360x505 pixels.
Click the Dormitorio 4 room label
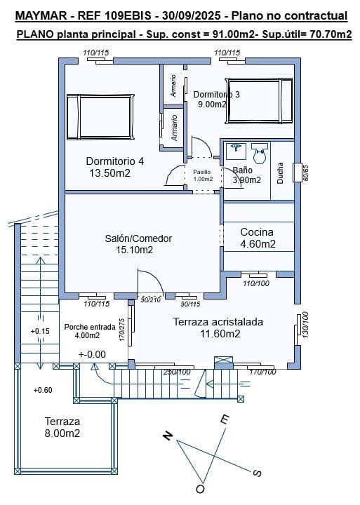point(114,161)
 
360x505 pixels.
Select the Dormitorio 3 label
point(216,94)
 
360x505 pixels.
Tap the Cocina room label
point(257,231)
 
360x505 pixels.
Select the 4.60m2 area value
point(257,244)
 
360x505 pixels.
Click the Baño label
point(242,170)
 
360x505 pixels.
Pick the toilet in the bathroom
point(260,153)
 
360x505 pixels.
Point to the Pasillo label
point(202,171)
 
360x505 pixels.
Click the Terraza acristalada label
point(218,322)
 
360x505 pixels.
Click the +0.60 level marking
point(42,390)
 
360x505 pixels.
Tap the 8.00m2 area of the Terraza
point(62,434)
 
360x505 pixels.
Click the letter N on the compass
point(168,436)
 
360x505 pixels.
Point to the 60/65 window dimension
point(306,173)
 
